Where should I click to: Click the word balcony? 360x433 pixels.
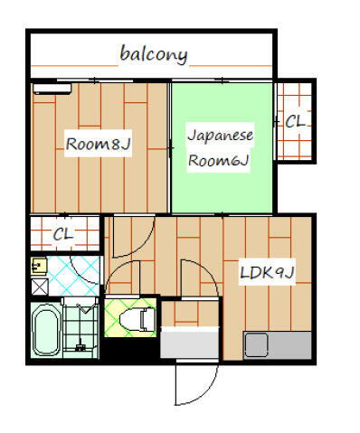click(154, 55)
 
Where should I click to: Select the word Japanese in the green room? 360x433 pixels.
click(220, 136)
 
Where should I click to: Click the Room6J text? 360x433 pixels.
click(218, 160)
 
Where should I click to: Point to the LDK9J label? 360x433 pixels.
click(267, 272)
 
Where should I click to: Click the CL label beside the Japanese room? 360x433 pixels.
click(296, 120)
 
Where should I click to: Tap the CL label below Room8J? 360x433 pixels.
click(62, 234)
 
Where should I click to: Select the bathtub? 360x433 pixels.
click(44, 333)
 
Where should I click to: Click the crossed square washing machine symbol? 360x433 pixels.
click(38, 286)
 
